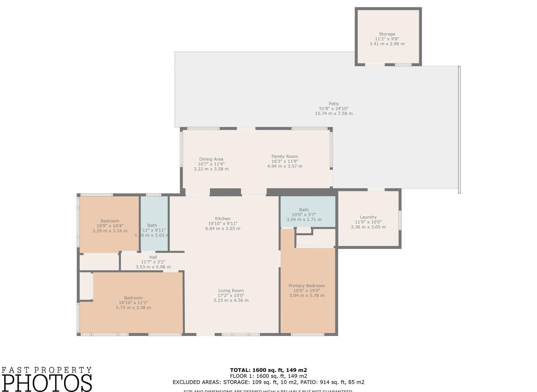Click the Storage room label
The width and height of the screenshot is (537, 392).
(387, 34)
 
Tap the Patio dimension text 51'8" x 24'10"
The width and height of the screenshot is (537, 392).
(334, 109)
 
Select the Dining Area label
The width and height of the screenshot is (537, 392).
(211, 159)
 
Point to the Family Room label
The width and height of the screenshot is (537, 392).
(285, 156)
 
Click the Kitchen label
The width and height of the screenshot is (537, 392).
(222, 219)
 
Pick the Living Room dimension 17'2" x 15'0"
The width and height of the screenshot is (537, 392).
(231, 295)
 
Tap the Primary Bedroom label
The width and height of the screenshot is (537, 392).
(306, 286)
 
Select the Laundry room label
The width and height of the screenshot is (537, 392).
(368, 217)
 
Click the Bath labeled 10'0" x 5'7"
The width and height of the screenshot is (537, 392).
(304, 210)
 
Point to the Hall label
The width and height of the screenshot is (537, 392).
(153, 257)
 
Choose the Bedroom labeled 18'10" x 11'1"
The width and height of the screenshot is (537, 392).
(133, 298)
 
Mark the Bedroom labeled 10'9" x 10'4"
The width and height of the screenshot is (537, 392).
(110, 221)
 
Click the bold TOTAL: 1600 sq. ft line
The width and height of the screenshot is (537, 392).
(268, 370)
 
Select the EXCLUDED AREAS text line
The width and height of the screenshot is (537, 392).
(268, 382)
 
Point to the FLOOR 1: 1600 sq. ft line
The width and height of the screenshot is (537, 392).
(268, 376)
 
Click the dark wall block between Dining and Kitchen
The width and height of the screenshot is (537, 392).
(225, 192)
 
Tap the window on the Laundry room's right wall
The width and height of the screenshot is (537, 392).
(400, 220)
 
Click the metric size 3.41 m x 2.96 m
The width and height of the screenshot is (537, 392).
(387, 44)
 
